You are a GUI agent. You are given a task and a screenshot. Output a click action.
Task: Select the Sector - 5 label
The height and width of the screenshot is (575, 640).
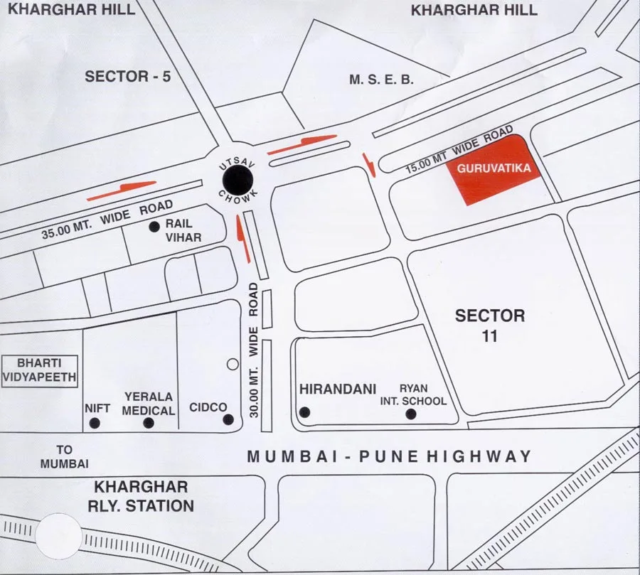coord(128,77)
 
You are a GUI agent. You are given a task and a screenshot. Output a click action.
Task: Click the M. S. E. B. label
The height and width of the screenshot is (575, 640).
coord(381,80)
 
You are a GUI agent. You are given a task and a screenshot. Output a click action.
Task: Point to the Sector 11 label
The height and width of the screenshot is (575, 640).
coord(490,326)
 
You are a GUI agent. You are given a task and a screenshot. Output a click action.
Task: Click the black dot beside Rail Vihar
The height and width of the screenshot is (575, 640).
coord(154,227)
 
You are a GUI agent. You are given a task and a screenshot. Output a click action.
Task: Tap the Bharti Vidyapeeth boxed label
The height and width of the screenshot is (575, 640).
coord(39,370)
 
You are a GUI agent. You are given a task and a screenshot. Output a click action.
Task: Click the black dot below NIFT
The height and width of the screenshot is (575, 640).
coord(95,424)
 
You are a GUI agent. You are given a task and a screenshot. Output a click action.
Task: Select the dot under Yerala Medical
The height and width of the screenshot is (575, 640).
coord(149,423)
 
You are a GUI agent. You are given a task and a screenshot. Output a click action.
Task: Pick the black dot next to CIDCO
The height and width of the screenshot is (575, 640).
coord(228,419)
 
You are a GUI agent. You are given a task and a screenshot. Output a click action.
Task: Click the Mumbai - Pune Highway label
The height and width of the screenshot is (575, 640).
coord(389,457)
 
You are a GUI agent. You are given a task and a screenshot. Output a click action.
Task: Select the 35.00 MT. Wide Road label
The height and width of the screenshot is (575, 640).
coord(107,220)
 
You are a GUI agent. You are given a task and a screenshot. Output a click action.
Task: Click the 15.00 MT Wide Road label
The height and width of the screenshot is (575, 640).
coord(459,151)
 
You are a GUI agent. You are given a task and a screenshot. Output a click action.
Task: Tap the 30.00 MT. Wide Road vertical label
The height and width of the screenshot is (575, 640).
coord(253,348)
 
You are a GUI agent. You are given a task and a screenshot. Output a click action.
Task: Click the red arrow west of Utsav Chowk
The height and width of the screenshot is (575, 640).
coord(122,189)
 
